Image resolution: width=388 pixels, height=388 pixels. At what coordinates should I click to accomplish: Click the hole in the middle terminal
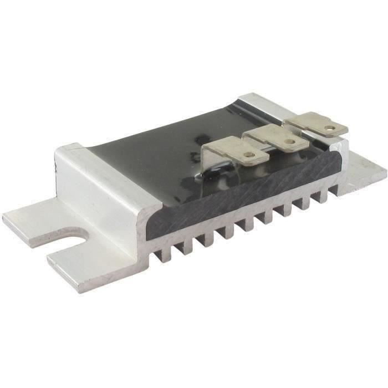pyautogui.click(x=288, y=141)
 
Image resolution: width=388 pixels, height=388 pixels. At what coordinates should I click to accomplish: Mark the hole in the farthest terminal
pyautogui.click(x=330, y=129)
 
